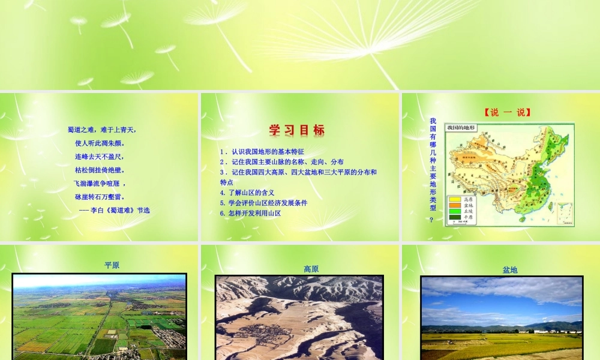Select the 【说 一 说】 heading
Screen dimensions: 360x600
coord(507,112)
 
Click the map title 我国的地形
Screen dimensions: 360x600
coord(461,128)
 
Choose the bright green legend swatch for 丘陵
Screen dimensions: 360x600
coord(455,211)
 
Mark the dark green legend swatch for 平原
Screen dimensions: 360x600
coord(455,217)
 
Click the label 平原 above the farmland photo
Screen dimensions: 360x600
coord(112,265)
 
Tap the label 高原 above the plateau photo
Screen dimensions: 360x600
coord(311,269)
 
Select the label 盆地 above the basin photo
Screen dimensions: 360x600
coord(510,271)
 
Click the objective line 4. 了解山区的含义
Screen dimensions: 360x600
coord(247,193)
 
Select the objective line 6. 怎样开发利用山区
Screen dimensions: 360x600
coord(250,213)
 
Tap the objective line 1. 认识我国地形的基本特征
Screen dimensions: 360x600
coord(262,152)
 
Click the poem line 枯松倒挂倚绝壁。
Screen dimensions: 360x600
coord(98,170)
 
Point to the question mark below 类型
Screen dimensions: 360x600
coord(432,220)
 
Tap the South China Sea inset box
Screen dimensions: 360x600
coord(564,214)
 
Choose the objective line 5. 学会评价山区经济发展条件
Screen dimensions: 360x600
coord(263,203)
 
